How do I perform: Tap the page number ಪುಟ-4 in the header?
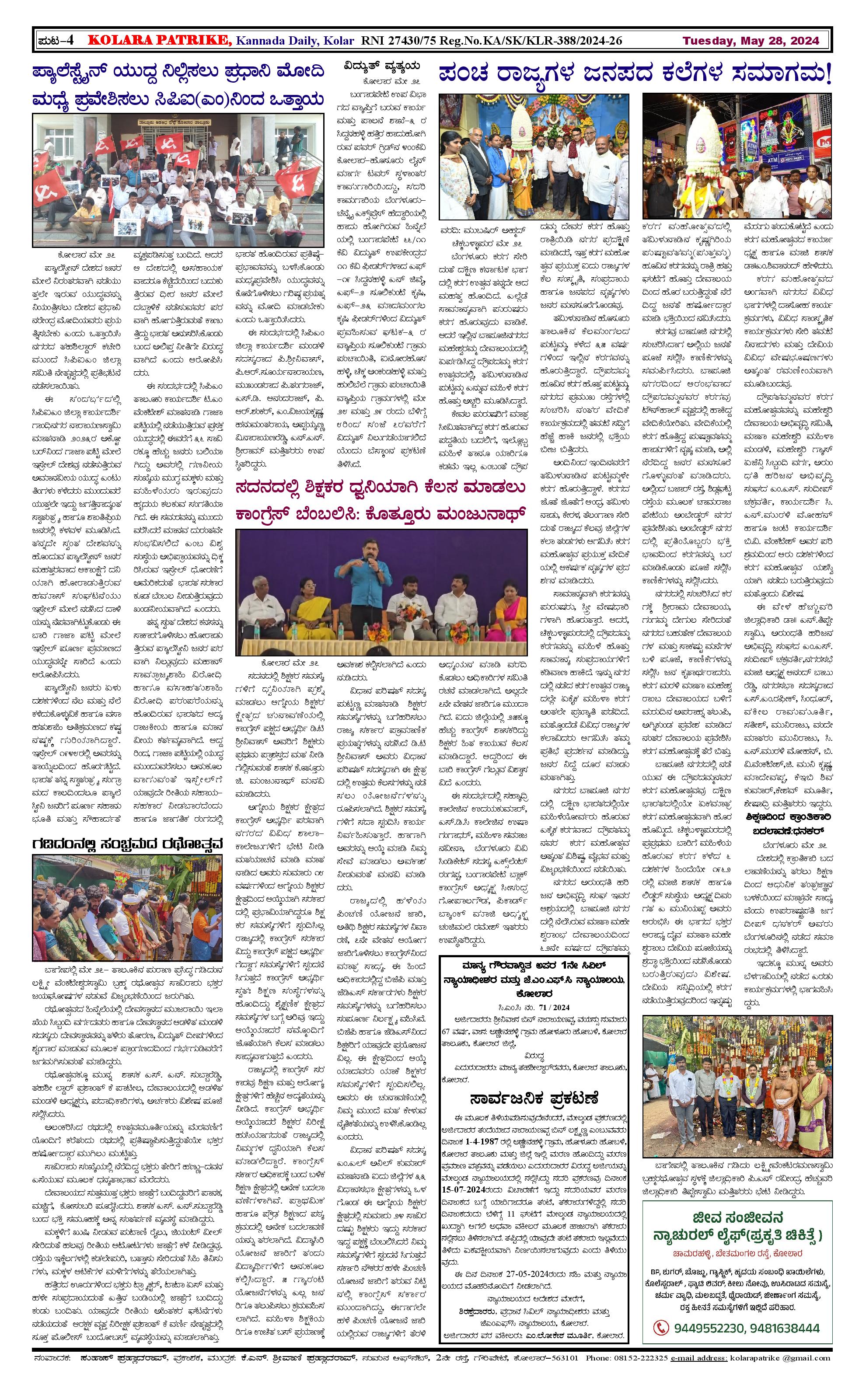(x=56, y=41)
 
